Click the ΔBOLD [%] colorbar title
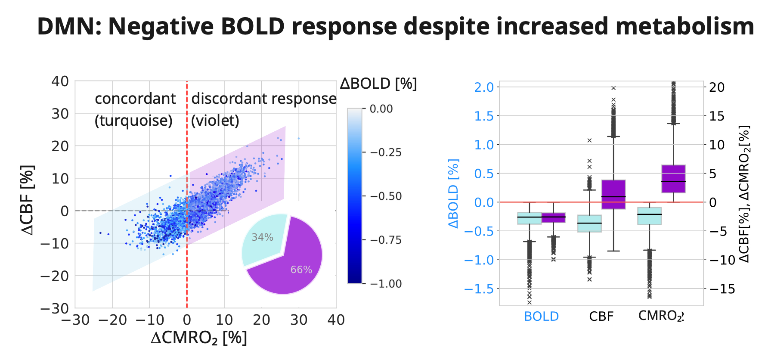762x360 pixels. coord(378,83)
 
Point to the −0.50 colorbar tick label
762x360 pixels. coord(385,196)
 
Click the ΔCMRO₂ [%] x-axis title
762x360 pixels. coord(199,338)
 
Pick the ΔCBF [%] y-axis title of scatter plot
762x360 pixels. coord(28,200)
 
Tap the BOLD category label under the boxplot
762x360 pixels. coord(541,317)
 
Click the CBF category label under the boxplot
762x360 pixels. coord(601,317)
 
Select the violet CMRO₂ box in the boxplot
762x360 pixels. coord(673,179)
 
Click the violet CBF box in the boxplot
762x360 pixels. coord(613,194)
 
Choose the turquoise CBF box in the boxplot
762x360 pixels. coord(589,223)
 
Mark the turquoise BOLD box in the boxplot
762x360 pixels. coord(529,218)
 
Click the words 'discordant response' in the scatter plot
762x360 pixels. coord(264,99)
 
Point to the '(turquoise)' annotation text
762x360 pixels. coord(133,121)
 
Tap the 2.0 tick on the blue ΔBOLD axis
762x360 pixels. coord(484,87)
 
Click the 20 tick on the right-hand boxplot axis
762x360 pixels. coord(717,87)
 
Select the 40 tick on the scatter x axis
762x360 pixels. coord(336,320)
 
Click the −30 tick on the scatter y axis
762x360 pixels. coord(54,308)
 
